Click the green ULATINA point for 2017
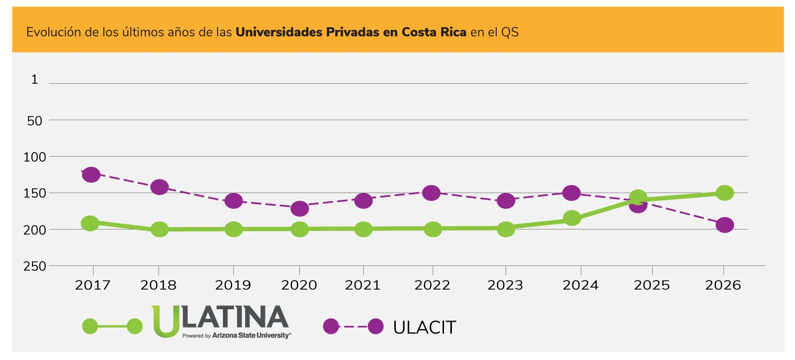(x=90, y=223)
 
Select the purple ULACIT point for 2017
(x=91, y=174)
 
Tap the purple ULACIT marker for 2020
(x=300, y=208)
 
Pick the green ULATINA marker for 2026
(x=725, y=193)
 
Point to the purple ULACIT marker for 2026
(x=725, y=225)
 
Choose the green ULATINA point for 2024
(x=572, y=218)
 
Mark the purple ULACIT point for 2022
(x=431, y=193)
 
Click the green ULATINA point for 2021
(x=363, y=229)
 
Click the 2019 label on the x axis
(x=233, y=285)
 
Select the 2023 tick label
(x=506, y=285)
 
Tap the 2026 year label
(x=723, y=285)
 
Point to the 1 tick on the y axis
(x=34, y=79)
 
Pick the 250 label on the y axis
(x=34, y=266)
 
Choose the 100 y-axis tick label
(x=34, y=157)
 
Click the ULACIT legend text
(x=425, y=327)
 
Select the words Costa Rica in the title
(x=434, y=33)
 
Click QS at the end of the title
(x=509, y=33)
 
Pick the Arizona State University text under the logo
(x=251, y=336)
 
